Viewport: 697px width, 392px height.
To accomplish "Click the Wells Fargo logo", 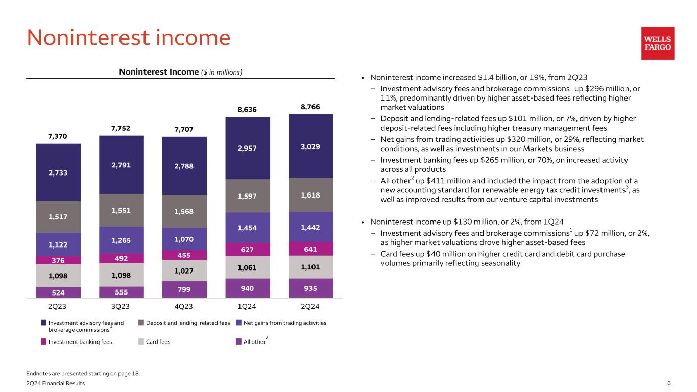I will pos(658,43).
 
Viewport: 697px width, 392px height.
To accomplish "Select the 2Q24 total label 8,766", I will pos(310,107).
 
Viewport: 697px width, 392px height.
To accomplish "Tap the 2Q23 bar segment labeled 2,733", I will pos(58,173).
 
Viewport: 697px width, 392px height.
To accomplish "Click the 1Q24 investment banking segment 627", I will pos(248,249).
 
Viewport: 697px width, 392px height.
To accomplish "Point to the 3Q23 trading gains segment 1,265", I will pos(122,240).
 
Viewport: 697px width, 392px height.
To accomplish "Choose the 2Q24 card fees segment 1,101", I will pos(310,266).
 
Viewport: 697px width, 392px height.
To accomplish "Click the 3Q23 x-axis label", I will pos(122,307).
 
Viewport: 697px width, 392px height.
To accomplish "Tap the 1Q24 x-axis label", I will pos(248,307).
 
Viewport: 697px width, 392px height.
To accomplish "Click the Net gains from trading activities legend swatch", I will pos(238,323).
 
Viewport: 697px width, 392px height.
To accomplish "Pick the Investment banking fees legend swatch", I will pos(44,342).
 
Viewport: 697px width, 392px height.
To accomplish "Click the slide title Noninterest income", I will pos(129,38).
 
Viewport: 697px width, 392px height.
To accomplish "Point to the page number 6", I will pos(669,383).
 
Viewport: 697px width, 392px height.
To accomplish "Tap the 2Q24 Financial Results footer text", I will pos(56,383).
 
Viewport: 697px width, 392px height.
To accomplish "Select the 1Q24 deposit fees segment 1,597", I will pos(248,196).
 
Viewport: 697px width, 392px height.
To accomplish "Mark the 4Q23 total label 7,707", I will pos(184,130).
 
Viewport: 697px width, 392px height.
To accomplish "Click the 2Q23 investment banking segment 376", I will pos(58,260).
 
